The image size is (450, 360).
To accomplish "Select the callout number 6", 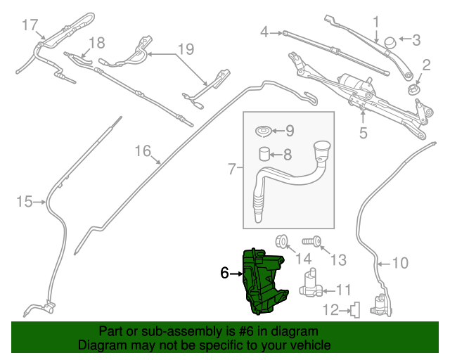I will pyautogui.click(x=225, y=273).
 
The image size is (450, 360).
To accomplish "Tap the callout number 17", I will pyautogui.click(x=29, y=25).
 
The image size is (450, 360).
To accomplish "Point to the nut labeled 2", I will pyautogui.click(x=414, y=89).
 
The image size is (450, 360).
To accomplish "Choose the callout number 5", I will pyautogui.click(x=363, y=131).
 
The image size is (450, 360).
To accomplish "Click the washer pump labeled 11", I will pyautogui.click(x=310, y=284).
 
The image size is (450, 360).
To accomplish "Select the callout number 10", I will pyautogui.click(x=399, y=264).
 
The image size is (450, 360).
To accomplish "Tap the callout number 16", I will pyautogui.click(x=143, y=150).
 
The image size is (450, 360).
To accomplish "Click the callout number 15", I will pyautogui.click(x=25, y=202).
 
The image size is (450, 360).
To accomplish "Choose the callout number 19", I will pyautogui.click(x=185, y=49).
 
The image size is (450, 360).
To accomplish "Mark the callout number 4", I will pyautogui.click(x=265, y=32).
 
